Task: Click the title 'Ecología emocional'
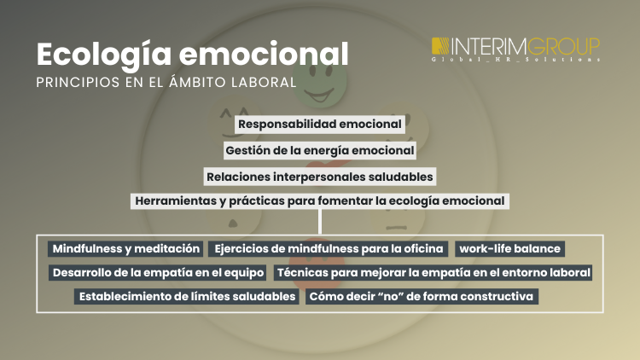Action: pyautogui.click(x=192, y=54)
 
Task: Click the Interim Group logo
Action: pyautogui.click(x=515, y=49)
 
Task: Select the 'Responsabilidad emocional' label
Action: pyautogui.click(x=320, y=124)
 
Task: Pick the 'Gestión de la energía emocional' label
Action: pyautogui.click(x=320, y=150)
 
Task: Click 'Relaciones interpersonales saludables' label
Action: pyautogui.click(x=320, y=177)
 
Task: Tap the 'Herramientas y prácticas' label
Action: pyautogui.click(x=320, y=201)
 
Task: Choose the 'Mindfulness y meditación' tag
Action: pyautogui.click(x=126, y=249)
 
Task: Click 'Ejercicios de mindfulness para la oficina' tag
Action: pyautogui.click(x=329, y=249)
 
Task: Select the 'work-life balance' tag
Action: pyautogui.click(x=509, y=249)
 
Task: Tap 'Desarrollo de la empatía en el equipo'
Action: pyautogui.click(x=159, y=273)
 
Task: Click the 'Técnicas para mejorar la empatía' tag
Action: pyautogui.click(x=433, y=273)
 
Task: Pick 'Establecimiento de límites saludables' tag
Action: pyautogui.click(x=186, y=297)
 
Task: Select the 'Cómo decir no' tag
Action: pyautogui.click(x=421, y=297)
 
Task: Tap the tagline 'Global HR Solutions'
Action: pyautogui.click(x=515, y=60)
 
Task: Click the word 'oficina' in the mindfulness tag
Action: pyautogui.click(x=424, y=249)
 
